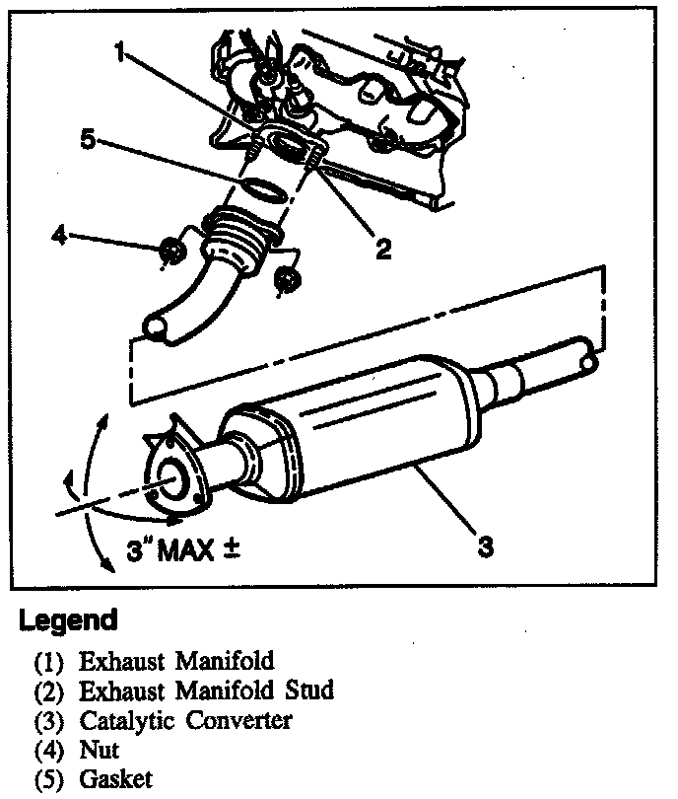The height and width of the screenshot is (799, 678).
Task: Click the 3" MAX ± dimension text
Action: click(x=184, y=549)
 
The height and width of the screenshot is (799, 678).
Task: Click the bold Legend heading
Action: click(x=68, y=620)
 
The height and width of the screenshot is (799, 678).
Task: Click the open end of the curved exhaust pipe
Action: click(x=154, y=325)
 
